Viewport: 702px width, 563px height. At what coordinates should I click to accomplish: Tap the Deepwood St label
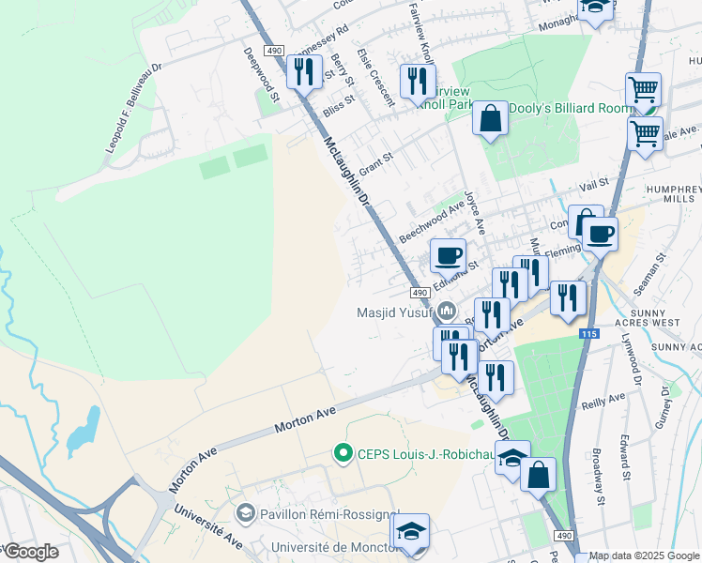262,74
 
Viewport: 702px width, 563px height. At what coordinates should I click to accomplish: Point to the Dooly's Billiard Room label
571,109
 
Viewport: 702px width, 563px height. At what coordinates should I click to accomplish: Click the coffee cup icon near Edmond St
449,254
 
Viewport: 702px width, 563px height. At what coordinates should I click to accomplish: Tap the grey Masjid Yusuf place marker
447,310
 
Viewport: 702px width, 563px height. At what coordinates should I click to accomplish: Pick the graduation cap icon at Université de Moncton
410,531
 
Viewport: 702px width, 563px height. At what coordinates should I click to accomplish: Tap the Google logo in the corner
30,552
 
